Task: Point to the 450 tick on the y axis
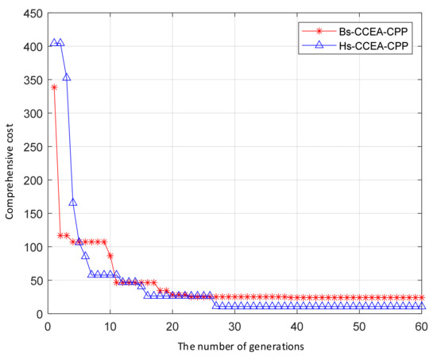pyautogui.click(x=33, y=13)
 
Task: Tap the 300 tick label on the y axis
pyautogui.click(x=33, y=113)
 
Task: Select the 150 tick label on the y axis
pyautogui.click(x=33, y=213)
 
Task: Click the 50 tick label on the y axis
pyautogui.click(x=35, y=280)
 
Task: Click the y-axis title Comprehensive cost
pyautogui.click(x=12, y=163)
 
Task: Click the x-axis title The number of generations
pyautogui.click(x=234, y=346)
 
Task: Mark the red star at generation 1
pyautogui.click(x=54, y=87)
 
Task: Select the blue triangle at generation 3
pyautogui.click(x=67, y=77)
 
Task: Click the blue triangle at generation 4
pyautogui.click(x=72, y=203)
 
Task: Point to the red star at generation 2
pyautogui.click(x=60, y=235)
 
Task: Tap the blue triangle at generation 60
pyautogui.click(x=421, y=306)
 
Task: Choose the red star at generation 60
pyautogui.click(x=421, y=297)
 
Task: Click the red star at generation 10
pyautogui.click(x=110, y=256)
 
